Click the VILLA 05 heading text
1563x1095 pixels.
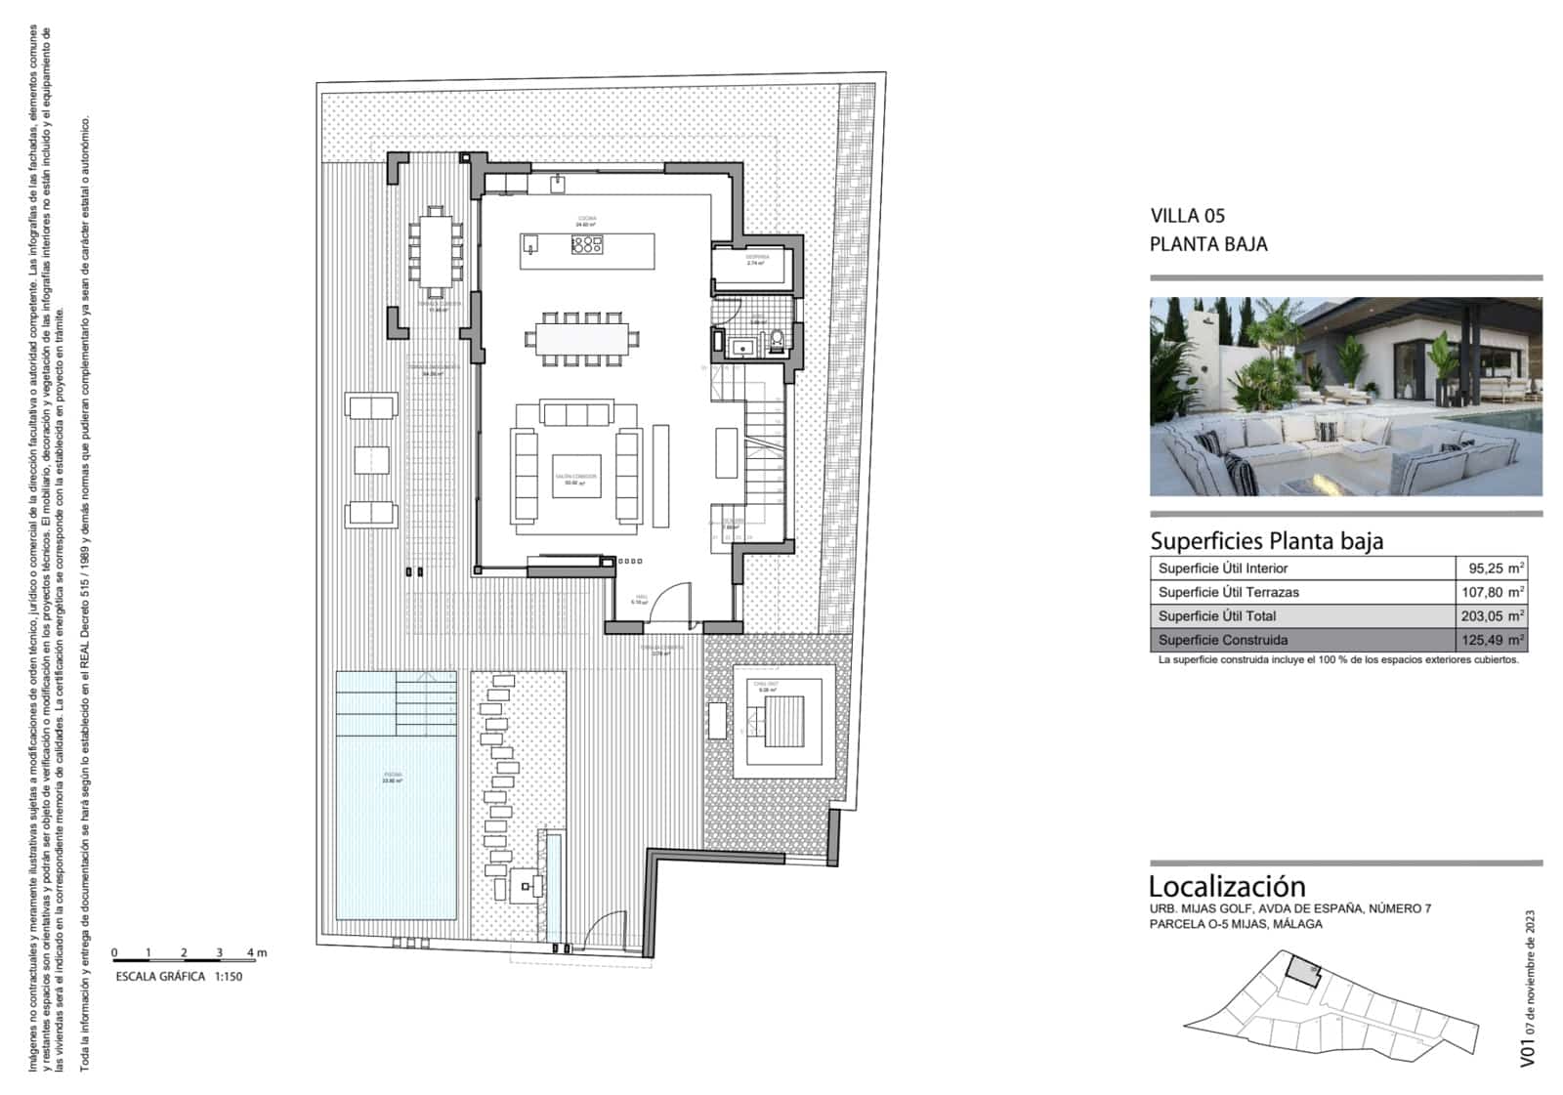1187,216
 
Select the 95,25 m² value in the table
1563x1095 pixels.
1496,569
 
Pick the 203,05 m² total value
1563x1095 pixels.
1496,616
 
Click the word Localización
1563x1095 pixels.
1226,886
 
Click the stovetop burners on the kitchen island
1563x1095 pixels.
586,246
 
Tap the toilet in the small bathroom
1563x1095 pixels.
777,341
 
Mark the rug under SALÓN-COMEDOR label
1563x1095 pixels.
575,477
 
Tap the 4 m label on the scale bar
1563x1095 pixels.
256,952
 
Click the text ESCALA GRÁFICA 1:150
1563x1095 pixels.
178,977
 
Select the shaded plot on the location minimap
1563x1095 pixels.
1301,970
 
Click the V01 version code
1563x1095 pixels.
1528,1052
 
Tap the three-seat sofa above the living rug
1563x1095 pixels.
576,413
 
